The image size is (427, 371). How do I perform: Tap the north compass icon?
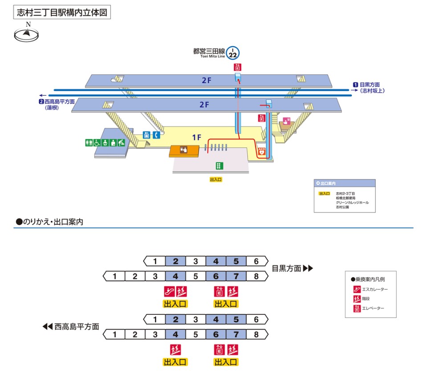click(27, 34)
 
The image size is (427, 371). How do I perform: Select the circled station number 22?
click(232, 53)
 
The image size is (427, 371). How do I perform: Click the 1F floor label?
click(197, 138)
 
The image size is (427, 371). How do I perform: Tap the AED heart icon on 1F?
click(262, 151)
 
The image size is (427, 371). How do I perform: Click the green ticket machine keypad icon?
click(219, 166)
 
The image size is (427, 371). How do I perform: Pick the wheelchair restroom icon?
click(105, 143)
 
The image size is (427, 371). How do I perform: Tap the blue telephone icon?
click(156, 135)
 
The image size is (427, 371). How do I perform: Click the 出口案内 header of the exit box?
click(327, 183)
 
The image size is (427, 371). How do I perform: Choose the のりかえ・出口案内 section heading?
click(50, 221)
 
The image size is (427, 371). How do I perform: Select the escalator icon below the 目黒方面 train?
click(169, 292)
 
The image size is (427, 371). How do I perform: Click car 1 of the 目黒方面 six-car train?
click(155, 261)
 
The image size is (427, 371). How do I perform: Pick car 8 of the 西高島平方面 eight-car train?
click(256, 334)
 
